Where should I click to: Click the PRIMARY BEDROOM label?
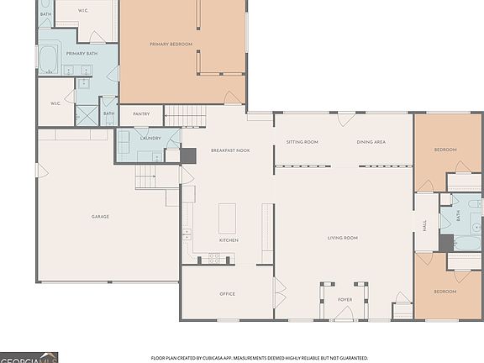[x=171, y=44]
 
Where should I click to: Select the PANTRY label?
[x=141, y=113]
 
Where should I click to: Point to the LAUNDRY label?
[x=150, y=138]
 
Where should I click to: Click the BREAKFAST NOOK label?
[x=228, y=150]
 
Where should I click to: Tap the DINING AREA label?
[x=371, y=142]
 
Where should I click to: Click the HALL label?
[x=425, y=225]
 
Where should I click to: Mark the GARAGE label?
[x=101, y=217]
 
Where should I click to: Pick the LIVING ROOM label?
[x=343, y=238]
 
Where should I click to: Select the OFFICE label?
[x=227, y=293]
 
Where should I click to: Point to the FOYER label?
[x=345, y=299]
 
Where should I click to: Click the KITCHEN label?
[x=229, y=240]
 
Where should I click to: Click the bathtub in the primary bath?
[x=48, y=60]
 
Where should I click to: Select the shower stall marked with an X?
[x=86, y=114]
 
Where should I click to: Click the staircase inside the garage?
[x=148, y=176]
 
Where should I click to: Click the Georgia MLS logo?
[x=29, y=356]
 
